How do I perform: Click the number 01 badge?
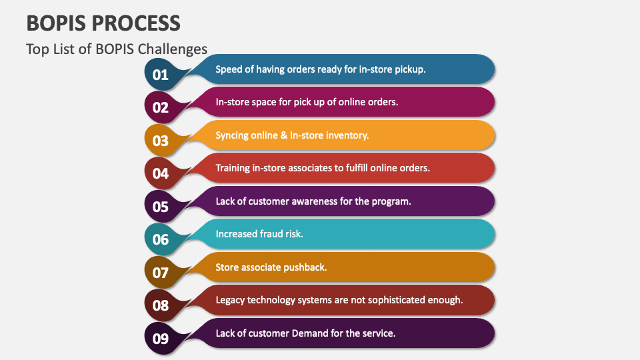(x=161, y=74)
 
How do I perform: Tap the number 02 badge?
(x=161, y=107)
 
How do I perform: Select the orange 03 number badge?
(x=161, y=140)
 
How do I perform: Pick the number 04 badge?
(x=161, y=173)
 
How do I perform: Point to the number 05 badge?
(x=161, y=206)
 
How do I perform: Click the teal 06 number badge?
(x=161, y=239)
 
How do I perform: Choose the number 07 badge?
(x=161, y=272)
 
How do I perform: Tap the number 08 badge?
(x=161, y=305)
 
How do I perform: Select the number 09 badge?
(x=161, y=338)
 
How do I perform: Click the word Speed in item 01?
(x=229, y=69)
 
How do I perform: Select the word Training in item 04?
(x=233, y=168)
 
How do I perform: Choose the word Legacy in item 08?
(x=230, y=300)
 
